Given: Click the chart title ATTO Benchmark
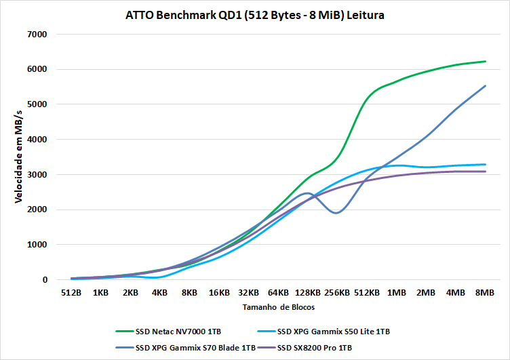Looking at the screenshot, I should point(255,14).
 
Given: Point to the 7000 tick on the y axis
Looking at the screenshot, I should point(38,34).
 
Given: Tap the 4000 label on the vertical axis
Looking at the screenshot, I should point(38,140).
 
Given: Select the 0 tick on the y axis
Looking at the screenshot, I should point(44,280).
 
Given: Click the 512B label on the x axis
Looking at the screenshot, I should point(71,293).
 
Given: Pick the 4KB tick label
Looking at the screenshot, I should point(160,293).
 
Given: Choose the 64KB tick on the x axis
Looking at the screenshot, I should point(278,293).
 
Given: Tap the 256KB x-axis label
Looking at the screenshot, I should point(337,293).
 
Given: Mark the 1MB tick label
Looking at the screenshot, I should point(397,293).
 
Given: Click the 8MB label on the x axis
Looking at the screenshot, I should point(485,293).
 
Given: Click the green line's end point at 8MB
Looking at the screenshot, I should point(486,62).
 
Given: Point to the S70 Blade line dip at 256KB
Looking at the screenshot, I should point(337,213).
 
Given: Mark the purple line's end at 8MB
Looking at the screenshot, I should point(486,172).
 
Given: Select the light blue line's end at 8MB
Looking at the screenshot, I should point(486,164).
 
